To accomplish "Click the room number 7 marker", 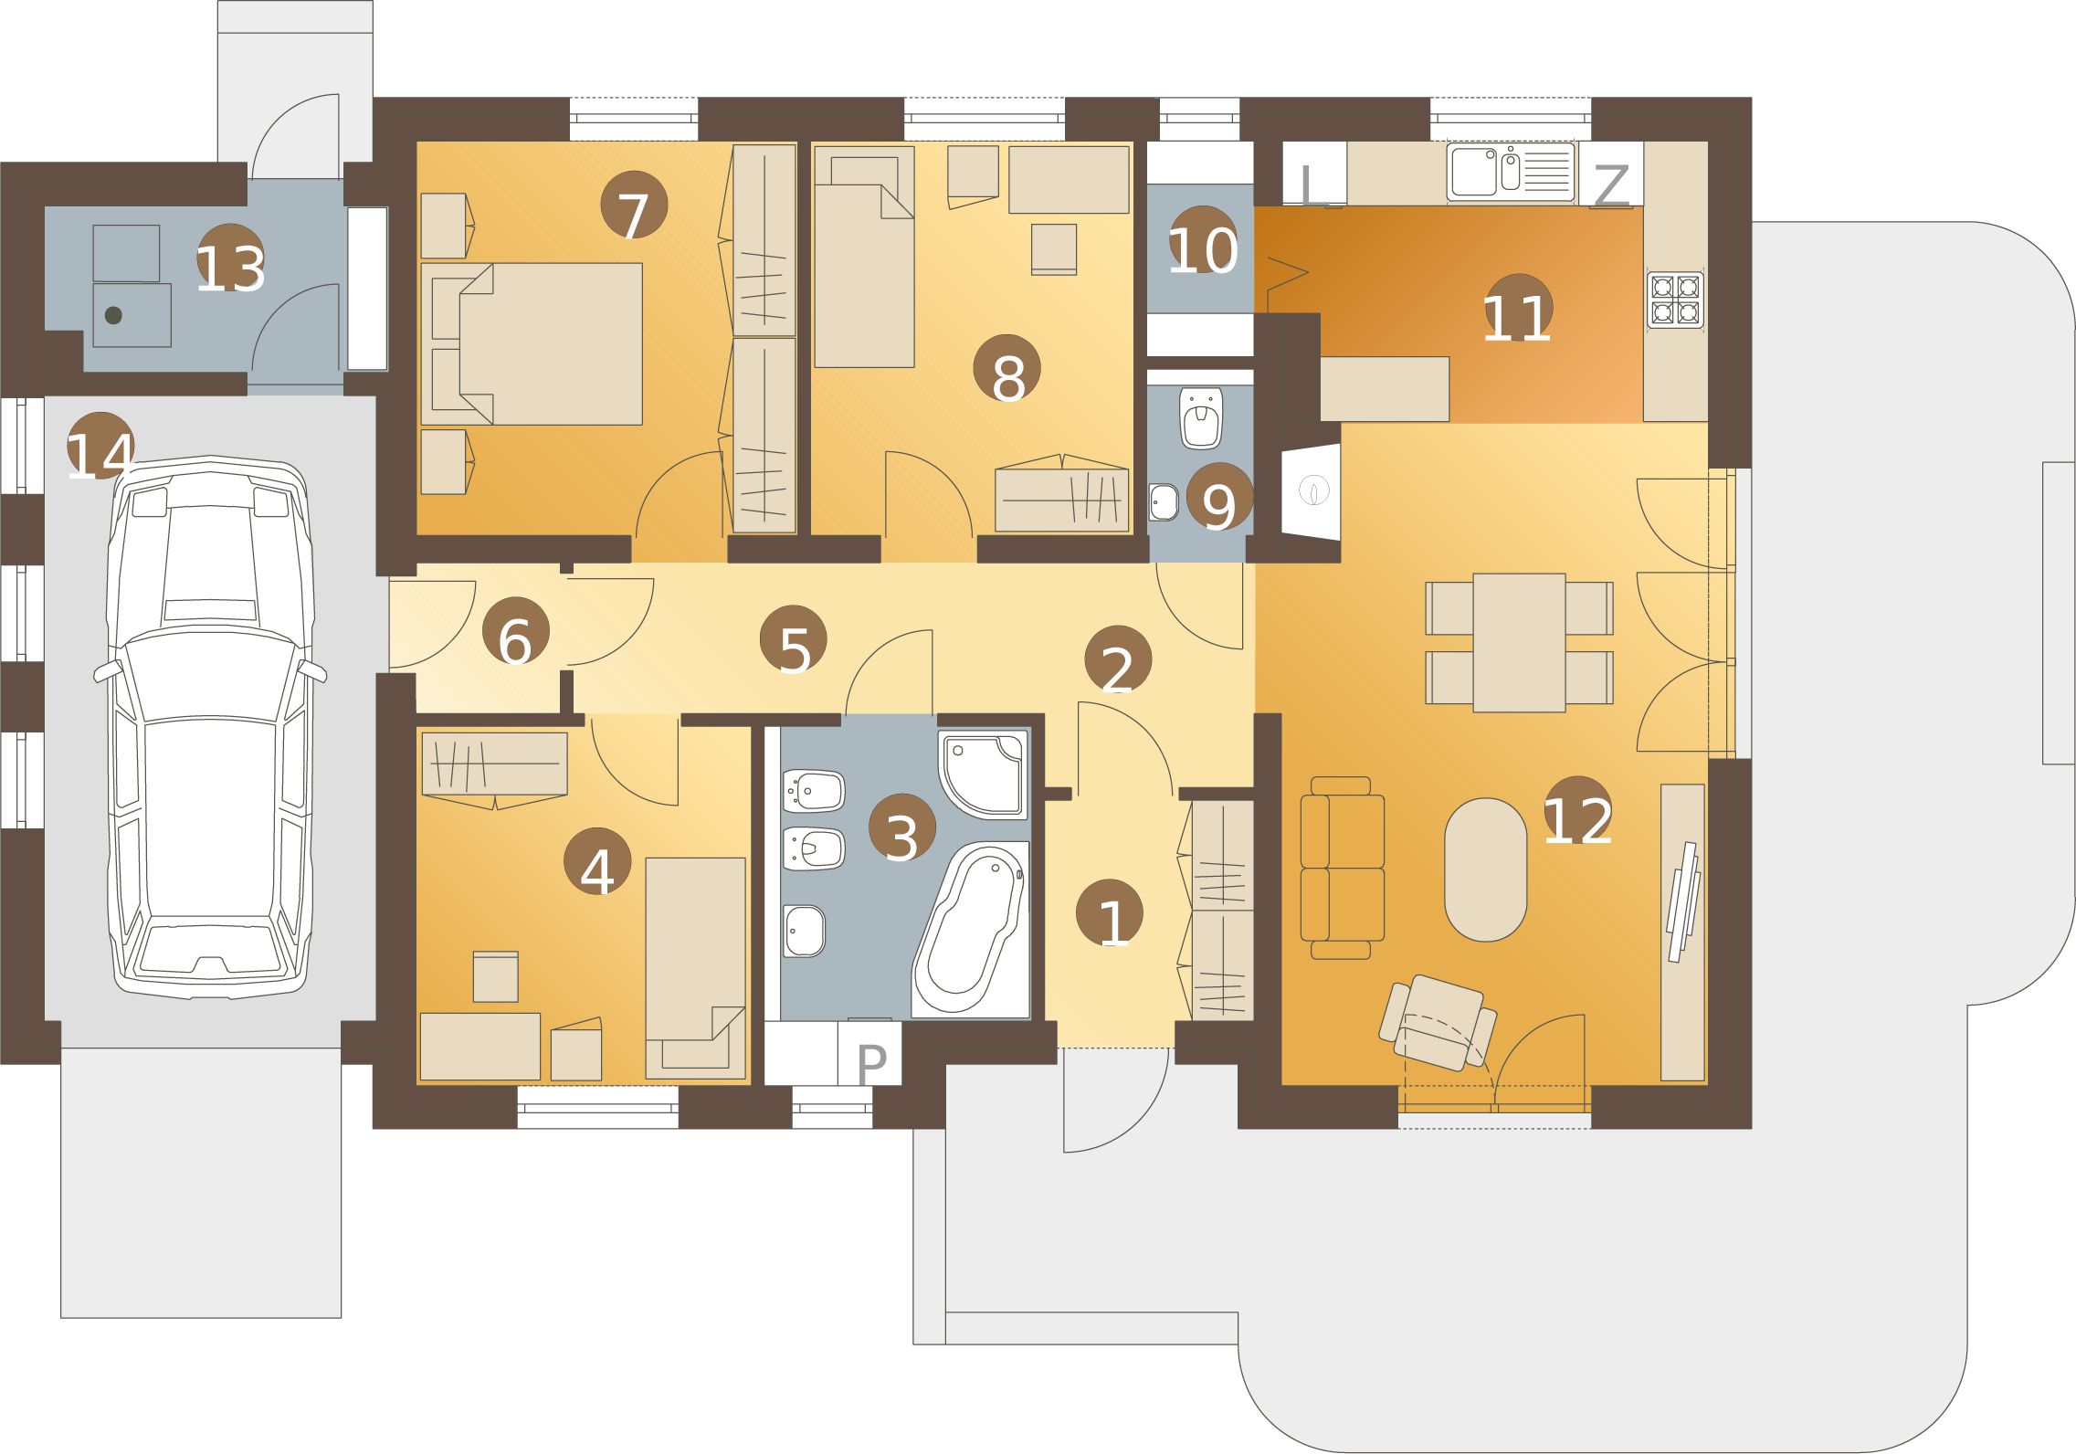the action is point(634,205).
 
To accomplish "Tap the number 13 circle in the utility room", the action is point(231,258).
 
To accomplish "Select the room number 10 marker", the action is point(1203,239).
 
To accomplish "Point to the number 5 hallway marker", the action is point(794,638).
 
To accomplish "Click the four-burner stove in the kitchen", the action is point(1675,300).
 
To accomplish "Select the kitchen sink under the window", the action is point(1511,172).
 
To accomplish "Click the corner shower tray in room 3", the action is point(983,772).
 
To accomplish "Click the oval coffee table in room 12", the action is point(1485,869).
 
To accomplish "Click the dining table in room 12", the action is point(1519,642).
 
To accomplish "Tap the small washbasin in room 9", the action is point(1164,501).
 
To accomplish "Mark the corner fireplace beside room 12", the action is point(1311,490).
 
